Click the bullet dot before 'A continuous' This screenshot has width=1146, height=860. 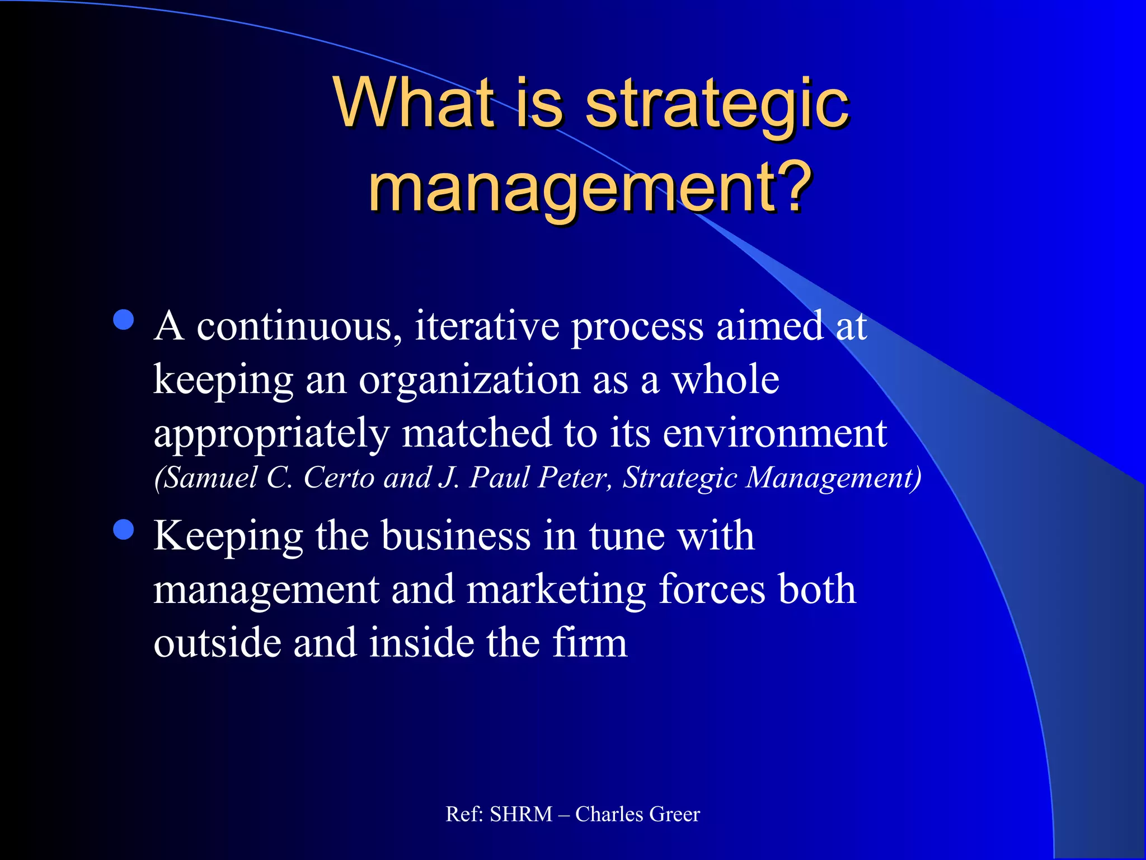click(x=123, y=321)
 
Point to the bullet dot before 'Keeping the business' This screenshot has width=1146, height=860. click(x=123, y=530)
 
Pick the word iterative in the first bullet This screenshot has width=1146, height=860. click(x=487, y=326)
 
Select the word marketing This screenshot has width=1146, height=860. click(x=556, y=590)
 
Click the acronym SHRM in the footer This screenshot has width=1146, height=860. click(x=521, y=814)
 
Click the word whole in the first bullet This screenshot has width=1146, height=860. click(x=725, y=380)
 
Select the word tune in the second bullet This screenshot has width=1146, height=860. click(x=627, y=536)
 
